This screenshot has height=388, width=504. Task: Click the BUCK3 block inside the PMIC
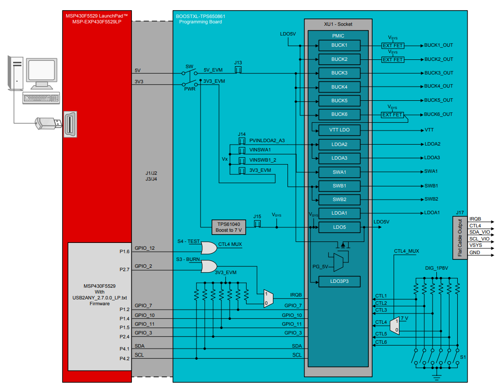(339, 73)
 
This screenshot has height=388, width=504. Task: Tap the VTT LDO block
(339, 130)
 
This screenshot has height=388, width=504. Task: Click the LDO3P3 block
(339, 281)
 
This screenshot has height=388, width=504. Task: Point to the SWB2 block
(339, 200)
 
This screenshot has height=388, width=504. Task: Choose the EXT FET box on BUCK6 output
(392, 115)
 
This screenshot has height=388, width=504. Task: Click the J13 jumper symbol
(238, 71)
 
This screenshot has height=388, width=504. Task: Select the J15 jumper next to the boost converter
(258, 223)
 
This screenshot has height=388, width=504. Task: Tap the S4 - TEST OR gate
(209, 248)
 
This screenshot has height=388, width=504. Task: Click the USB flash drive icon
(48, 123)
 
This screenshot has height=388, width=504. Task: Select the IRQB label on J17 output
(475, 219)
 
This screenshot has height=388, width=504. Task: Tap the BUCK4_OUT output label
(438, 87)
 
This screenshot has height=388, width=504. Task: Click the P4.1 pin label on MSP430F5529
(124, 349)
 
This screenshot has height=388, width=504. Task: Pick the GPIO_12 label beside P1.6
(144, 248)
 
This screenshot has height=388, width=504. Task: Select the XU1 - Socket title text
(338, 24)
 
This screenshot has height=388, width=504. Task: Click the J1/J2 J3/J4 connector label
(151, 176)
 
